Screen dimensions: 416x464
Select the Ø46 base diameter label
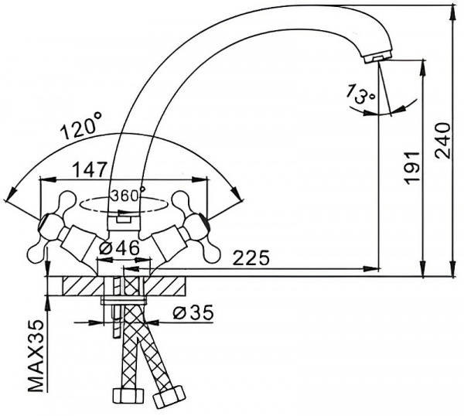(119, 248)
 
